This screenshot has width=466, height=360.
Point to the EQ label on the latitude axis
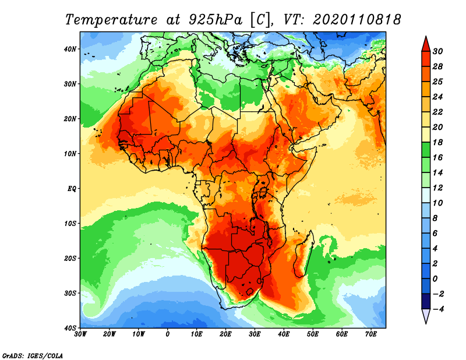coord(72,189)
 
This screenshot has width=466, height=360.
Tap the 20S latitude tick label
coord(71,258)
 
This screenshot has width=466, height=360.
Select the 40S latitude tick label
coord(71,327)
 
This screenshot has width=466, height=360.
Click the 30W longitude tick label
coord(80,334)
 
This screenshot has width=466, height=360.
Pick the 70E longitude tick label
coord(371,334)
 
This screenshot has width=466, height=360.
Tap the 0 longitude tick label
coord(168,334)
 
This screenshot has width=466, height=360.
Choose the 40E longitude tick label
coord(284,334)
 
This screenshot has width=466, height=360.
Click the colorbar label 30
coord(439,51)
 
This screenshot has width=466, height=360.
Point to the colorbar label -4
coord(439,309)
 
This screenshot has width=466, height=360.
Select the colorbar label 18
coord(439,142)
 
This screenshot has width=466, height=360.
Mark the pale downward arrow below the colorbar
coord(426,316)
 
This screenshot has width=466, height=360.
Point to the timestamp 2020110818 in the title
coord(356,19)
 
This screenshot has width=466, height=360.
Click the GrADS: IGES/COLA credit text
coord(32,355)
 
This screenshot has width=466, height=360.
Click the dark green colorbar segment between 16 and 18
coord(426,150)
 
